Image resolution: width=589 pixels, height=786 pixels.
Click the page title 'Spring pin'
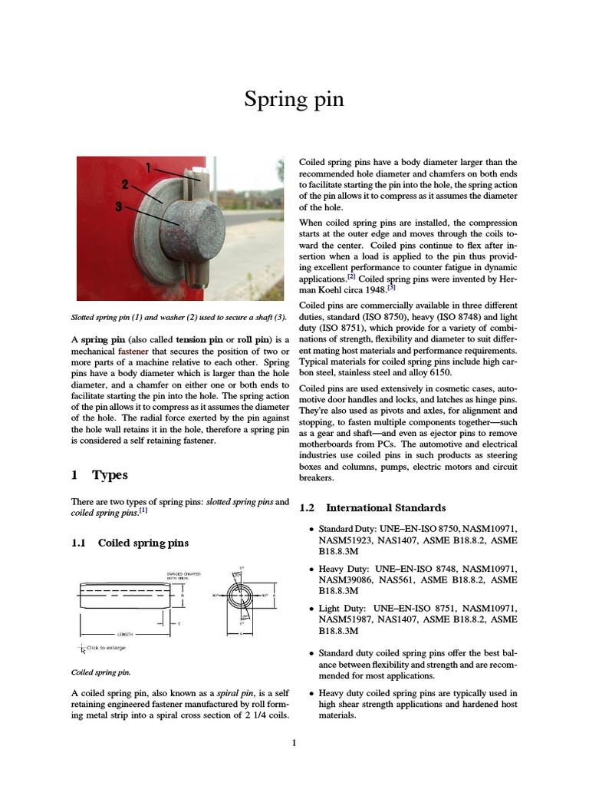(x=294, y=100)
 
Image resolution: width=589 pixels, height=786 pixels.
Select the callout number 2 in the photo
(x=123, y=184)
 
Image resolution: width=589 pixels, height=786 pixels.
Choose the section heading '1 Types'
(x=100, y=475)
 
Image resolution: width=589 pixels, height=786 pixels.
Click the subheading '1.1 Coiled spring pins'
(x=130, y=543)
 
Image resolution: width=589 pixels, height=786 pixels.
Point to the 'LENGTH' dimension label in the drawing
(x=125, y=634)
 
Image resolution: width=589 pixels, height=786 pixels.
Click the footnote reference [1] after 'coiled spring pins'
(x=143, y=510)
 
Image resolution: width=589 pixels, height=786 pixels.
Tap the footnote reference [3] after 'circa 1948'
(x=391, y=289)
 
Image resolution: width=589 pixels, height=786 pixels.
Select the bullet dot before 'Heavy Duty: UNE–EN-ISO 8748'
(x=310, y=569)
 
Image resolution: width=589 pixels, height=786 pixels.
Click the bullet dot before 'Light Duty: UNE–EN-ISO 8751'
(x=310, y=608)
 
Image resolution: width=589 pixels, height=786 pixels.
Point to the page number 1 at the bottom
(x=294, y=742)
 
